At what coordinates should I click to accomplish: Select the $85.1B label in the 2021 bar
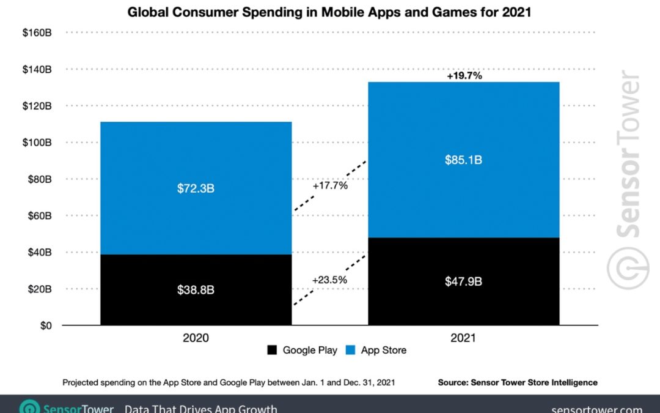tap(463, 160)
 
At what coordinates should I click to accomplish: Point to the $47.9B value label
tap(463, 281)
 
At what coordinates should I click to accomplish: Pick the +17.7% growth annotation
tap(329, 185)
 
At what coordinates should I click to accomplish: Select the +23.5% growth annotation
tap(329, 280)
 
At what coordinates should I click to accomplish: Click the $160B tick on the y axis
tap(37, 32)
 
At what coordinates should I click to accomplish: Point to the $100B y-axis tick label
tap(37, 143)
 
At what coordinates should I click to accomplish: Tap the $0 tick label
tap(43, 326)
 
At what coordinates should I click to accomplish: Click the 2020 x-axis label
tap(196, 337)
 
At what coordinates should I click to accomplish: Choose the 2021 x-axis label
tap(463, 337)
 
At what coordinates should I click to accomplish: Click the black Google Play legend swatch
tap(272, 351)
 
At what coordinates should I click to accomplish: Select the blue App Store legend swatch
tap(350, 351)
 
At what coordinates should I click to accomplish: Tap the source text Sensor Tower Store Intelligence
tap(517, 382)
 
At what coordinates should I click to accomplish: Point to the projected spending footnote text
tap(229, 382)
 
